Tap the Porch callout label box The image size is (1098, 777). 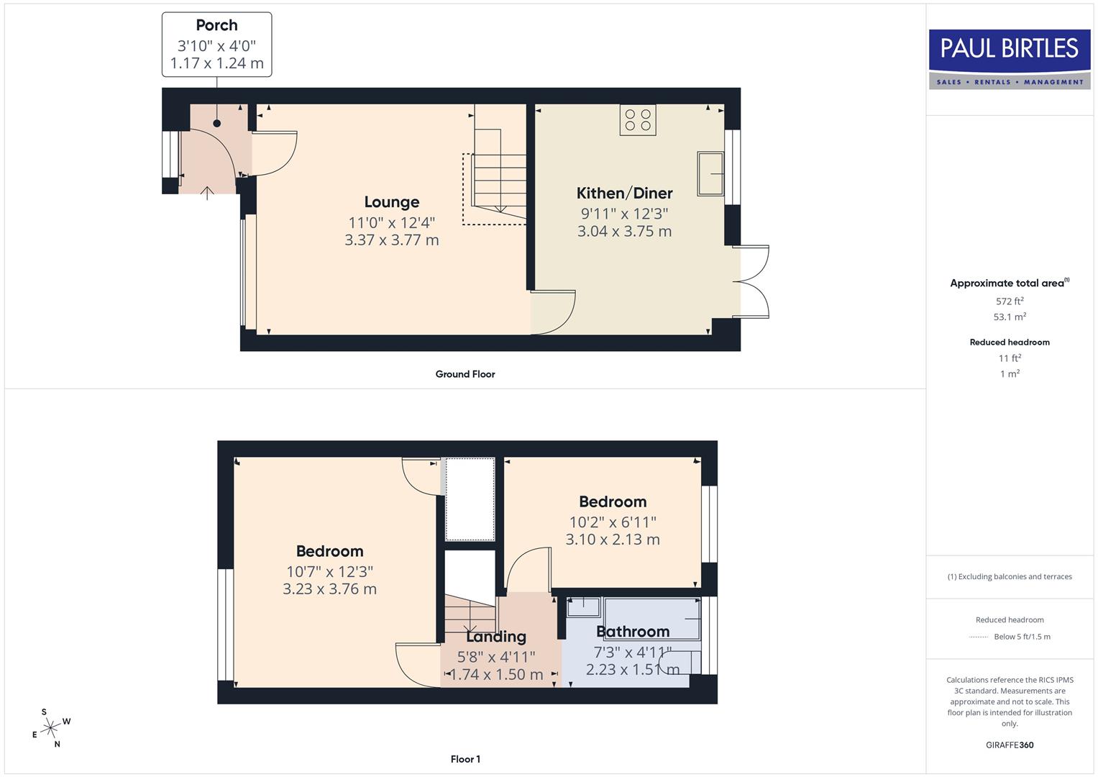216,45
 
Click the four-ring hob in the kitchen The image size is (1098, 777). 638,120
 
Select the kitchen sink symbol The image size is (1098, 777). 710,173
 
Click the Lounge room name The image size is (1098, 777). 391,202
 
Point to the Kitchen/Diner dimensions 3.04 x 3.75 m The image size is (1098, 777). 624,232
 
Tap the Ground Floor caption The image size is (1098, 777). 465,374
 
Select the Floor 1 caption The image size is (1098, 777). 465,759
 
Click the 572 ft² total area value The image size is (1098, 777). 1010,301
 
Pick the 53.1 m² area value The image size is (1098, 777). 1010,317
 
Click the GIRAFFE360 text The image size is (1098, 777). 1010,745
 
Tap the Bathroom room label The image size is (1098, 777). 633,632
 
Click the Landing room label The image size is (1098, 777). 496,637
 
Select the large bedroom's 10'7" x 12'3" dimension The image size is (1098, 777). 329,572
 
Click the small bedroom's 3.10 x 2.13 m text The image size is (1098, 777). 613,540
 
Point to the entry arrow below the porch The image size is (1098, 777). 207,193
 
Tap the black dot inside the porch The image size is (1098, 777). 216,123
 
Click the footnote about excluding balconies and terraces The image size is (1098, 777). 1010,576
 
